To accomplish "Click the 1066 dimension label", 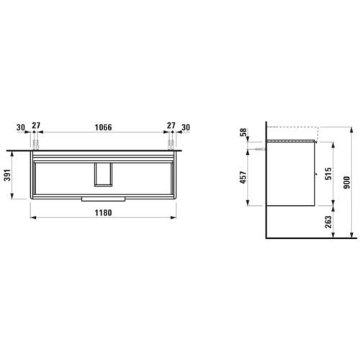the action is [x=103, y=127].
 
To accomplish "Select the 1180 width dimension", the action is [x=103, y=212].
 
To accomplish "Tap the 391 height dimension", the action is [x=8, y=175].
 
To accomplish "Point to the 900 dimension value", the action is [x=347, y=182].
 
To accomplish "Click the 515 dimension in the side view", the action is [x=328, y=174].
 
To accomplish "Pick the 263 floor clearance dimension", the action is [x=328, y=222].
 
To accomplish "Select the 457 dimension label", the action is [x=243, y=177].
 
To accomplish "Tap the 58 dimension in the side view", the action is [x=243, y=132].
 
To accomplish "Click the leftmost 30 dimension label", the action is [x=21, y=127].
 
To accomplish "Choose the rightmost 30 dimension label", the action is [x=186, y=127].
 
